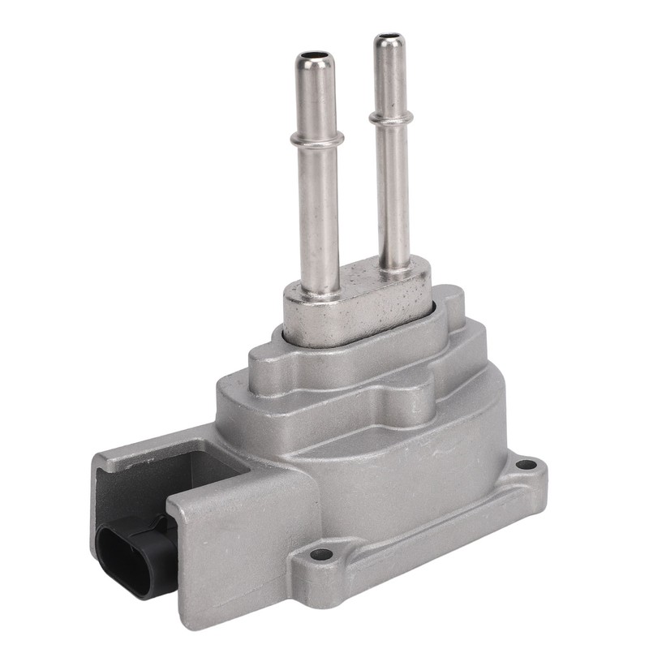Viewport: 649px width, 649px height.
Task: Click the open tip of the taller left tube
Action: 315,60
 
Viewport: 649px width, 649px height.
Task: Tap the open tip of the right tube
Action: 389,39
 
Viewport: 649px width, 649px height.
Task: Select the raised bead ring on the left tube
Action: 316,144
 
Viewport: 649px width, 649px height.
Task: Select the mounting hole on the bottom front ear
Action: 321,555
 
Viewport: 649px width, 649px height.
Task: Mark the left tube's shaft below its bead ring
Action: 318,219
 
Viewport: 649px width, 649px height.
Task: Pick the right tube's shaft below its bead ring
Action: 392,195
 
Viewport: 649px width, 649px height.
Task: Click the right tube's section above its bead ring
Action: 389,77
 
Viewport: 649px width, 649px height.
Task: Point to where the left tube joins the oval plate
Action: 320,290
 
